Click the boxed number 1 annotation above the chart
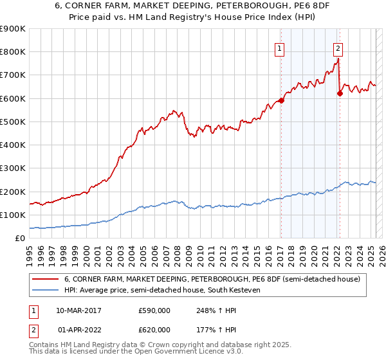point(280,47)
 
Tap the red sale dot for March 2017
point(281,100)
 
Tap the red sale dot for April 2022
point(339,93)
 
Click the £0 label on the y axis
point(20,239)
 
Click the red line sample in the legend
point(45,278)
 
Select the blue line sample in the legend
point(45,290)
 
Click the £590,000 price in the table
point(154,310)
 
